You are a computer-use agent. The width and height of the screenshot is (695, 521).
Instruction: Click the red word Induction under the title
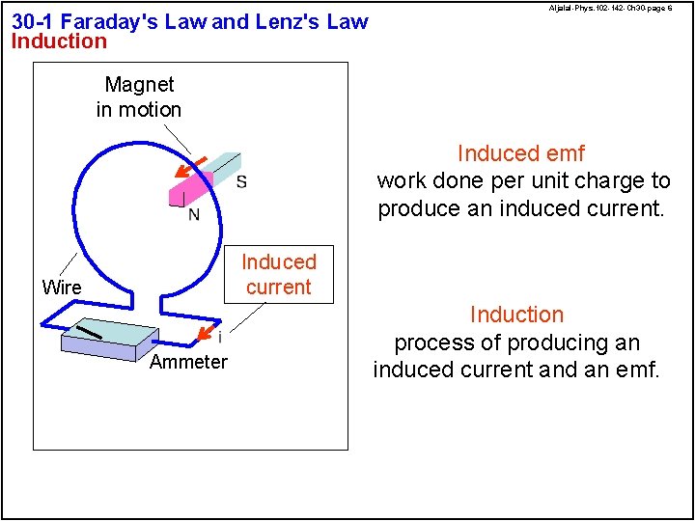point(59,41)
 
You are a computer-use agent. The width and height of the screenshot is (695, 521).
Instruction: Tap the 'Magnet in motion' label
point(139,97)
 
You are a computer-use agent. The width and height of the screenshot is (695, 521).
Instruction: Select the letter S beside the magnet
point(241,181)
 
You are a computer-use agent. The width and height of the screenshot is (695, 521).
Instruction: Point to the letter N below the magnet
point(194,213)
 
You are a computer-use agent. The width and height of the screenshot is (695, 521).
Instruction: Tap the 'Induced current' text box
point(278,274)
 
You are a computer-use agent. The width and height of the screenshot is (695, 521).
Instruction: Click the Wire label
point(62,288)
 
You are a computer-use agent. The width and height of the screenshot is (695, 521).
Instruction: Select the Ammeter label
point(188,362)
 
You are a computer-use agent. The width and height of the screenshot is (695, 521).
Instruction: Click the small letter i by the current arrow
point(220,338)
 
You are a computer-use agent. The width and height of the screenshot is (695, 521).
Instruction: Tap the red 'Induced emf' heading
point(520,153)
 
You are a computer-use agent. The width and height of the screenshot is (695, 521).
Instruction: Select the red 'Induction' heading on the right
point(516,315)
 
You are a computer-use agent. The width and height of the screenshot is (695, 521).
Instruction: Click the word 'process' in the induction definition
point(429,343)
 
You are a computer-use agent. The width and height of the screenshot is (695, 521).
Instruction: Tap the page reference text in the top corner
point(610,8)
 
